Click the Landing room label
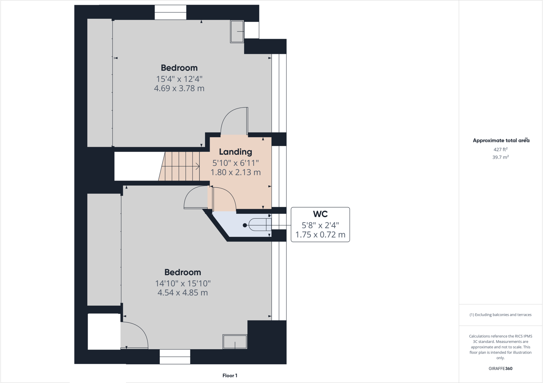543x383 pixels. pos(235,152)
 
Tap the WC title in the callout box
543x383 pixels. pos(320,214)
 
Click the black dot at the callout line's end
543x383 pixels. pos(245,225)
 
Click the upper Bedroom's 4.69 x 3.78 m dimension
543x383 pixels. pos(179,88)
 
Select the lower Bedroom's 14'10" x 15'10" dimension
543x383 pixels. pos(183,283)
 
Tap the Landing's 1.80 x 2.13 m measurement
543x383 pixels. pos(235,172)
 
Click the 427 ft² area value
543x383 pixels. pos(500,149)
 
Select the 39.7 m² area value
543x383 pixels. pos(500,157)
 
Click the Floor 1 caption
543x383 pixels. pos(230,376)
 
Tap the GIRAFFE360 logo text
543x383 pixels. pos(500,368)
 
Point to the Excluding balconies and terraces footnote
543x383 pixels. pos(500,315)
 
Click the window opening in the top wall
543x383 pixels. pos(170,12)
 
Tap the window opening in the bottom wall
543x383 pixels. pos(175,357)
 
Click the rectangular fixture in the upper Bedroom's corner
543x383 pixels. pos(237,32)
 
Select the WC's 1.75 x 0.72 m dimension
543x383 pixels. pos(320,235)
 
